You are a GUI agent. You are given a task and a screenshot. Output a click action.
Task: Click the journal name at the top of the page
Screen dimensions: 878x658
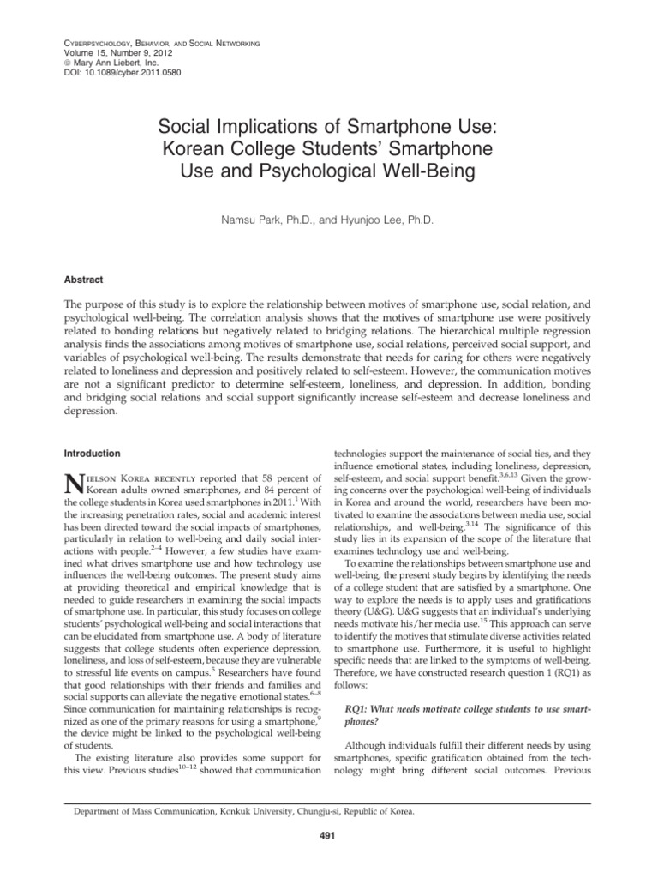[152, 44]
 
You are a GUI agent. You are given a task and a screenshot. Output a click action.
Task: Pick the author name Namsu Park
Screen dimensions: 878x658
[257, 220]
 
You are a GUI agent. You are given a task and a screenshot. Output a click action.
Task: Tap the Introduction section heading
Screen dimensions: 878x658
[93, 453]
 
